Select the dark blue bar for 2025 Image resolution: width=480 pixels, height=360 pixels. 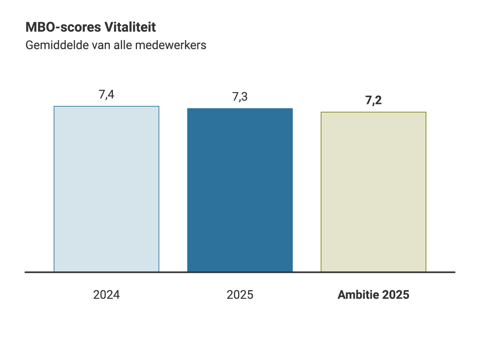click(240, 190)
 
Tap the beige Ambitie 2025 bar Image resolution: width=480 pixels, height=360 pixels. click(373, 192)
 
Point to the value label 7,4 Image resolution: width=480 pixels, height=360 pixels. click(106, 94)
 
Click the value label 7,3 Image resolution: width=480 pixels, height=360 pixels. click(240, 97)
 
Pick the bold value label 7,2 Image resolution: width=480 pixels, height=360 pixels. click(373, 101)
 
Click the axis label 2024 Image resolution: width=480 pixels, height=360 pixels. click(106, 295)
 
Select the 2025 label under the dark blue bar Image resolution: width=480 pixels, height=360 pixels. click(240, 295)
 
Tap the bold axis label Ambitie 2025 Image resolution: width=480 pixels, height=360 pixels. click(373, 295)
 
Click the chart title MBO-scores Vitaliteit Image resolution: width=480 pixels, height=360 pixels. click(91, 28)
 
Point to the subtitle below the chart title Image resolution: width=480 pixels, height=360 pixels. click(116, 45)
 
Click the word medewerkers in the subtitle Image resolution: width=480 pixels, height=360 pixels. click(170, 45)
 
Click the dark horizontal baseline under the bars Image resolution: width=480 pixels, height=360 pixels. click(240, 272)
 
